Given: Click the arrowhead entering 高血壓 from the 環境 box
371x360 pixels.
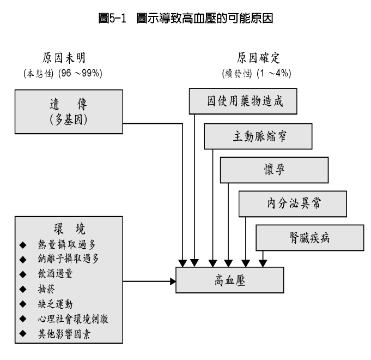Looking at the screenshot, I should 173,281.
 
